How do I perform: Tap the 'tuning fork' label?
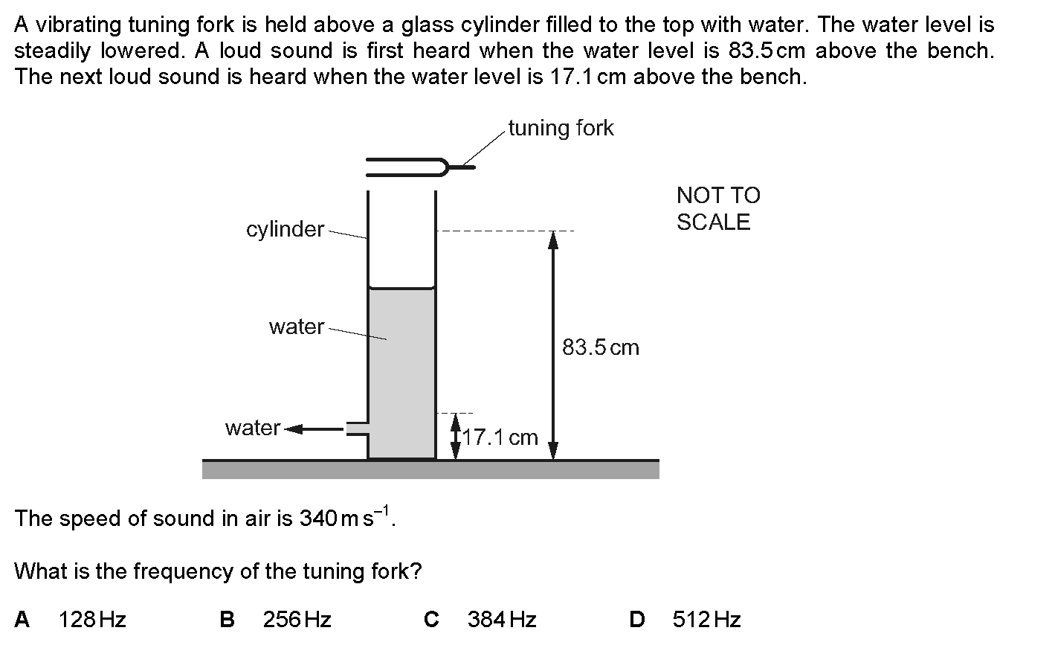[561, 128]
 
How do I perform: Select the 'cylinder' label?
[285, 229]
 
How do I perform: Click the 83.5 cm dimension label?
[601, 347]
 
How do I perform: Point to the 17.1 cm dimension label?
[500, 437]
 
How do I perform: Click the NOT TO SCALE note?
[718, 209]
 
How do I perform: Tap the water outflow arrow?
[314, 429]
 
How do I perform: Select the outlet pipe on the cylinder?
[357, 429]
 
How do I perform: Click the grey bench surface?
[430, 469]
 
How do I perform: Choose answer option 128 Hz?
[92, 620]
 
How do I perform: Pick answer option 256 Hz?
[297, 620]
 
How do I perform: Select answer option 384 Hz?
[502, 620]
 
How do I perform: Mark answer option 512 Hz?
[706, 620]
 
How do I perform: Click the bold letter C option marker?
[431, 620]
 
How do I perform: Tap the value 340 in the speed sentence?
[318, 519]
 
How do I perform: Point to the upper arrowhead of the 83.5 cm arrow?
[553, 240]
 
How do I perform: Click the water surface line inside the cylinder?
[401, 287]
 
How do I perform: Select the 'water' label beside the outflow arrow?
[253, 428]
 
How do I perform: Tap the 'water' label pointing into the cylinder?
[296, 327]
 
